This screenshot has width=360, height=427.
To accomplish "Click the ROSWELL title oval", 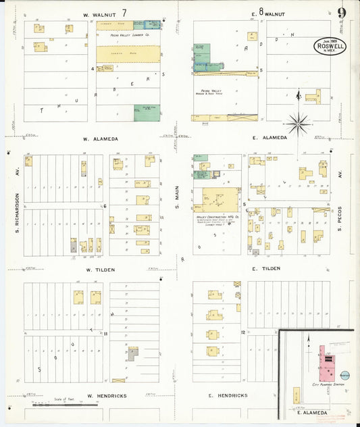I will point(330,45).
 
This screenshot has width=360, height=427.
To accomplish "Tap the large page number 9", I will point(342,14).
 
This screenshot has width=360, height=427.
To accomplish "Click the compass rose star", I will point(297,123).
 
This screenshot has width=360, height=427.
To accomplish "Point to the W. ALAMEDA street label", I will point(101,139).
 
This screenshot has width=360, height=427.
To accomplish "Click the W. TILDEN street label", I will point(100,270).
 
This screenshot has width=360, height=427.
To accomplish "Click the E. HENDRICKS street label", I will point(228,395).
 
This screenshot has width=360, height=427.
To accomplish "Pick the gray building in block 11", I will point(134,352).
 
